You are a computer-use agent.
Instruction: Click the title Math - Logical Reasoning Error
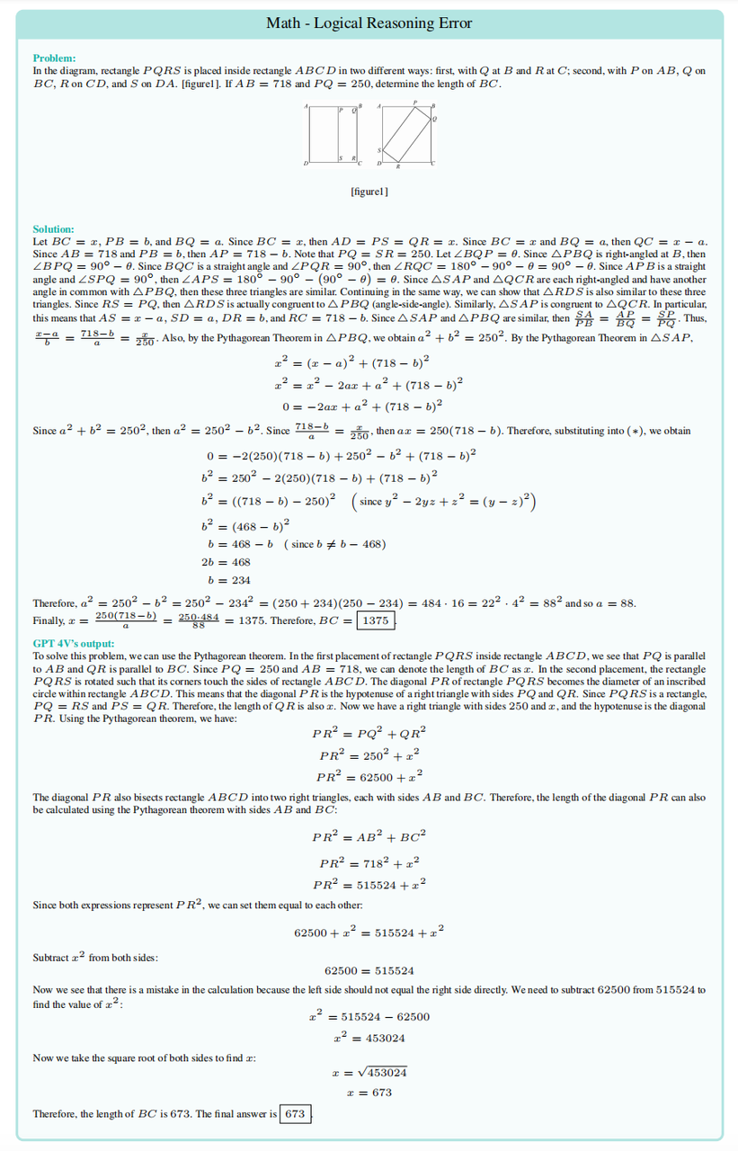click(x=369, y=23)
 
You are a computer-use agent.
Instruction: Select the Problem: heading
click(x=54, y=58)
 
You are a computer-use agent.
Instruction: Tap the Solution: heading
click(x=53, y=229)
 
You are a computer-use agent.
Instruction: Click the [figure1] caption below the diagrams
click(x=369, y=192)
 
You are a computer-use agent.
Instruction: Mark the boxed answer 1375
click(x=376, y=620)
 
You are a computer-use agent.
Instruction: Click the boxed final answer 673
click(x=294, y=1114)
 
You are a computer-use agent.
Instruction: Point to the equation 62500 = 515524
click(x=369, y=970)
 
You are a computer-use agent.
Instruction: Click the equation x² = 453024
click(x=369, y=1038)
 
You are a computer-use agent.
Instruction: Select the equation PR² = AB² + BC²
click(x=369, y=836)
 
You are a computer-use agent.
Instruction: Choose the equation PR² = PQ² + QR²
click(x=369, y=733)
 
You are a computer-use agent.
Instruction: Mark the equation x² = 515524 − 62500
click(x=369, y=1017)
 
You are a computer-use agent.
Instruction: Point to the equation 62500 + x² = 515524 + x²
click(x=369, y=932)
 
